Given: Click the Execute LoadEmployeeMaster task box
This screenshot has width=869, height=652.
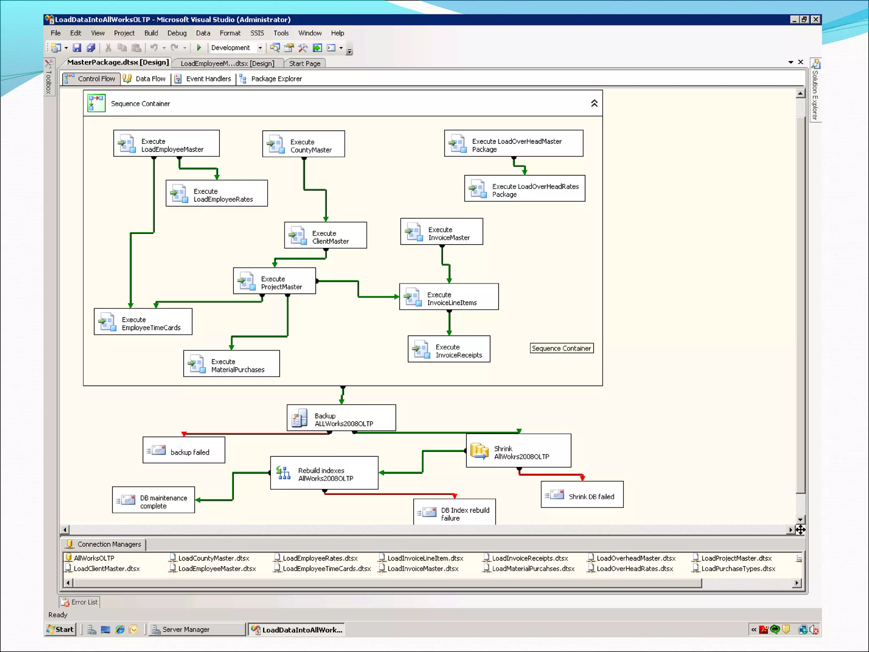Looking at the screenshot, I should [x=166, y=143].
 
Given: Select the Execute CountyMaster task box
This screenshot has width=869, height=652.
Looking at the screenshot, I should [x=303, y=144].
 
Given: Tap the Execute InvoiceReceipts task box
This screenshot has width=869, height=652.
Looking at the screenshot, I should [x=449, y=349].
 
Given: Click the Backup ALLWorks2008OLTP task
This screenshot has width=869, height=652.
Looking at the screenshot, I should [x=341, y=418].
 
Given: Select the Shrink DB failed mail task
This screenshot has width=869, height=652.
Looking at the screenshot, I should [x=582, y=495].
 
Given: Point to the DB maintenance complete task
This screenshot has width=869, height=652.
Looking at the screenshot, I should [x=153, y=500].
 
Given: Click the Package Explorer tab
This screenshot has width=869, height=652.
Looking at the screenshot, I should [x=272, y=79].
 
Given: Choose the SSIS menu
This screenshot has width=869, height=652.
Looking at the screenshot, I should [x=257, y=33].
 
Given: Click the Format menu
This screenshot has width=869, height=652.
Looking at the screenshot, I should [x=230, y=33].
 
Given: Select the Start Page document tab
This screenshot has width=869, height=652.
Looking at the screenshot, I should [x=305, y=64].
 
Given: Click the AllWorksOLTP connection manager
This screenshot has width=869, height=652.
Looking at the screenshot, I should [x=94, y=558].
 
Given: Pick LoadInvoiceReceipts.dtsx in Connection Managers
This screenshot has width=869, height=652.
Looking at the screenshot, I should [x=530, y=558].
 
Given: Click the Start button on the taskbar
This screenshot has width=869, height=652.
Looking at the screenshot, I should [x=60, y=630].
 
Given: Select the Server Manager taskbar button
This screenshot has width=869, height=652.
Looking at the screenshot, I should [x=186, y=630].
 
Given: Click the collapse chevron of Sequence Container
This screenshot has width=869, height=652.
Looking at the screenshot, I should [x=594, y=103].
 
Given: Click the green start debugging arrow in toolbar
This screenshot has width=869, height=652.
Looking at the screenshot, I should [x=199, y=48].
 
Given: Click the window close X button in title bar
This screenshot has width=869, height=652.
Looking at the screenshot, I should [x=816, y=20].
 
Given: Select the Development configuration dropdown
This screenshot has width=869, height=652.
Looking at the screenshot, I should [x=237, y=48].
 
